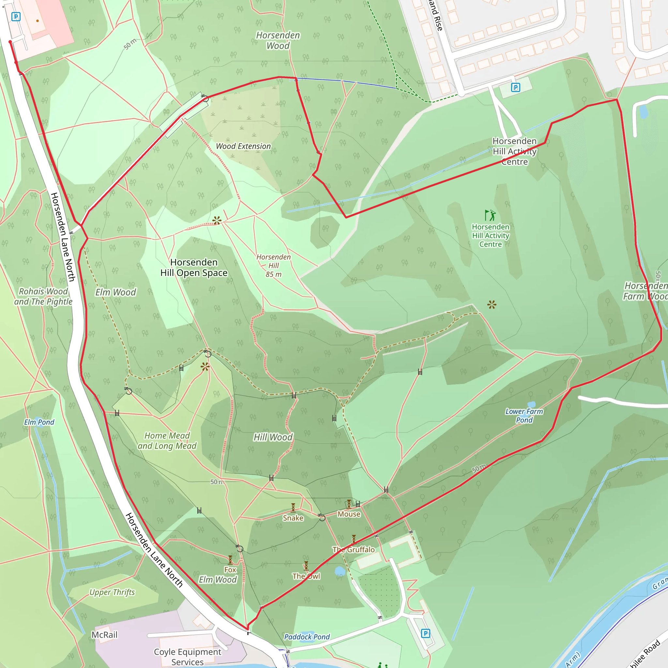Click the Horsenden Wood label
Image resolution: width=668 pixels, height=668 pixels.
[278, 40]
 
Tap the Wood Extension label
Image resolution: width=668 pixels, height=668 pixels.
[243, 146]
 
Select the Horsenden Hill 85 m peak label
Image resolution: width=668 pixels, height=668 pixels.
[273, 266]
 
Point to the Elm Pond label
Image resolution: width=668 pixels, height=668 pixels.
[39, 422]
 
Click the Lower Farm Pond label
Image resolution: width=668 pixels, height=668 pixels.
[524, 416]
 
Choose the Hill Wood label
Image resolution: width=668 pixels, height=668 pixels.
[273, 437]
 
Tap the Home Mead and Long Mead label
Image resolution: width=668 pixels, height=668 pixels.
[167, 441]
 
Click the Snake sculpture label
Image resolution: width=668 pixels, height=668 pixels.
[293, 518]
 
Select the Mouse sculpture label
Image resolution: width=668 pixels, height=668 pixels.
[349, 514]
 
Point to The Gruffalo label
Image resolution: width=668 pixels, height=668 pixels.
[354, 550]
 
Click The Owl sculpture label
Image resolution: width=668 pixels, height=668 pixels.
[306, 576]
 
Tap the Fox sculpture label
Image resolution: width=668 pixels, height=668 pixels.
[230, 570]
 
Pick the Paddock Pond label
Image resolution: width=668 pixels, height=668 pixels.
[307, 637]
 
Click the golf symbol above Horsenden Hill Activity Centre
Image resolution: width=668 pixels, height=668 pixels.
[490, 215]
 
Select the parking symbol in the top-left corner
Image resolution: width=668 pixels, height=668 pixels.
[16, 17]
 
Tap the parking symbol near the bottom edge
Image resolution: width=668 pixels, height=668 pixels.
[426, 633]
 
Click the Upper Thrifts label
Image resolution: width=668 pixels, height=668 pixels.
[112, 592]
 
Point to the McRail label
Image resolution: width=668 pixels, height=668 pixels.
[104, 635]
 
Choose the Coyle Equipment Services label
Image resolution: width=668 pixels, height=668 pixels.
[188, 657]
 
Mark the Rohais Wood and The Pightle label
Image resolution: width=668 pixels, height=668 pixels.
[43, 296]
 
